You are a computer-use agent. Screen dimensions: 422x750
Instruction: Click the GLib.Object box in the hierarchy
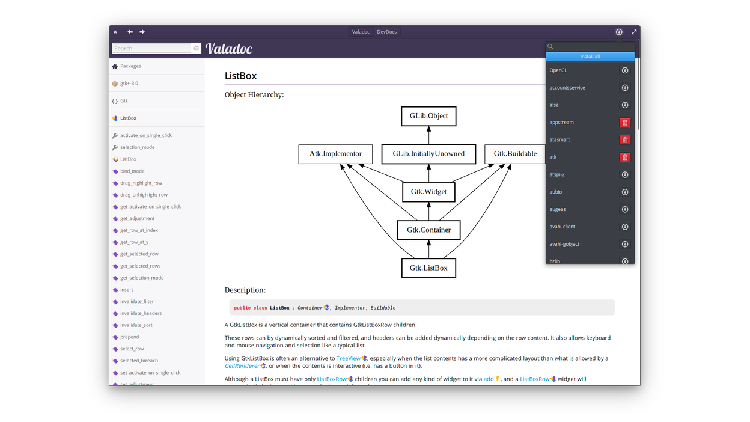point(428,116)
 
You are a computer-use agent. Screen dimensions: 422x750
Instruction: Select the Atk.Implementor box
point(335,154)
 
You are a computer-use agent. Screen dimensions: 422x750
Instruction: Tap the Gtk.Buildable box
point(515,154)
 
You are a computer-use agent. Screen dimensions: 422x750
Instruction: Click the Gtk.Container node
point(428,230)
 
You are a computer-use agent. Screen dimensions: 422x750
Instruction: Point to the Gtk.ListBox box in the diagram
point(428,268)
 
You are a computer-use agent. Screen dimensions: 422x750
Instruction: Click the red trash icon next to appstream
point(625,123)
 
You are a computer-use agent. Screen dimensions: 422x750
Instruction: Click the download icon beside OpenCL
point(625,70)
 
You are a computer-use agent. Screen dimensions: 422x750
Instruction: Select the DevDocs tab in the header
point(386,32)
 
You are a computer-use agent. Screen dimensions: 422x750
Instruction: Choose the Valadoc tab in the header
point(361,32)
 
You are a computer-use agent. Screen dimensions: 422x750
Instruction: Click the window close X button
point(115,32)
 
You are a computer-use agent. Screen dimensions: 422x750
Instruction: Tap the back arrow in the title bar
point(130,32)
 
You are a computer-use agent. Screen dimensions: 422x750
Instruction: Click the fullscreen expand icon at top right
point(633,32)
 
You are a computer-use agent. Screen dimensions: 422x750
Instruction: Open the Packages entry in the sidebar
point(130,66)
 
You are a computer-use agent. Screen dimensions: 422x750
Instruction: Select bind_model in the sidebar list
point(133,171)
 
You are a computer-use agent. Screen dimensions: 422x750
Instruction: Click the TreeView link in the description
point(348,358)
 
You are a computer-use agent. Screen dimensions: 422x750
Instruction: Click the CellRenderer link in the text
point(242,366)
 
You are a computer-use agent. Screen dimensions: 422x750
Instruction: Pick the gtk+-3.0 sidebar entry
point(129,84)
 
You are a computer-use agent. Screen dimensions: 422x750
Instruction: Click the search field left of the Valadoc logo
point(151,49)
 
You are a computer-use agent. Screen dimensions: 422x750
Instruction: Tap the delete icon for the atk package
point(625,157)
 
